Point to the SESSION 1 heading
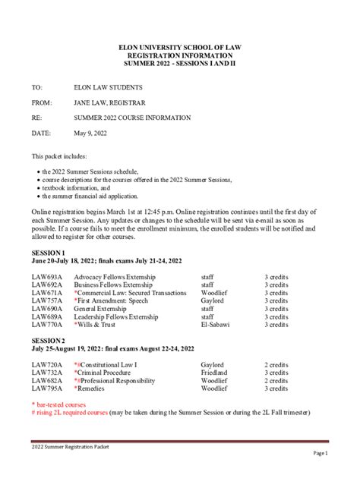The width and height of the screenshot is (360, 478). point(48,251)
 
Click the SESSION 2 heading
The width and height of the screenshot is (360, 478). point(48,341)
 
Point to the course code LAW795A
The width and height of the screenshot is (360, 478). point(47,392)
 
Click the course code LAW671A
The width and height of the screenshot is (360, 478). point(47,293)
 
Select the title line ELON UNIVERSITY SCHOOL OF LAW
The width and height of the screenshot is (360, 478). point(180,47)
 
